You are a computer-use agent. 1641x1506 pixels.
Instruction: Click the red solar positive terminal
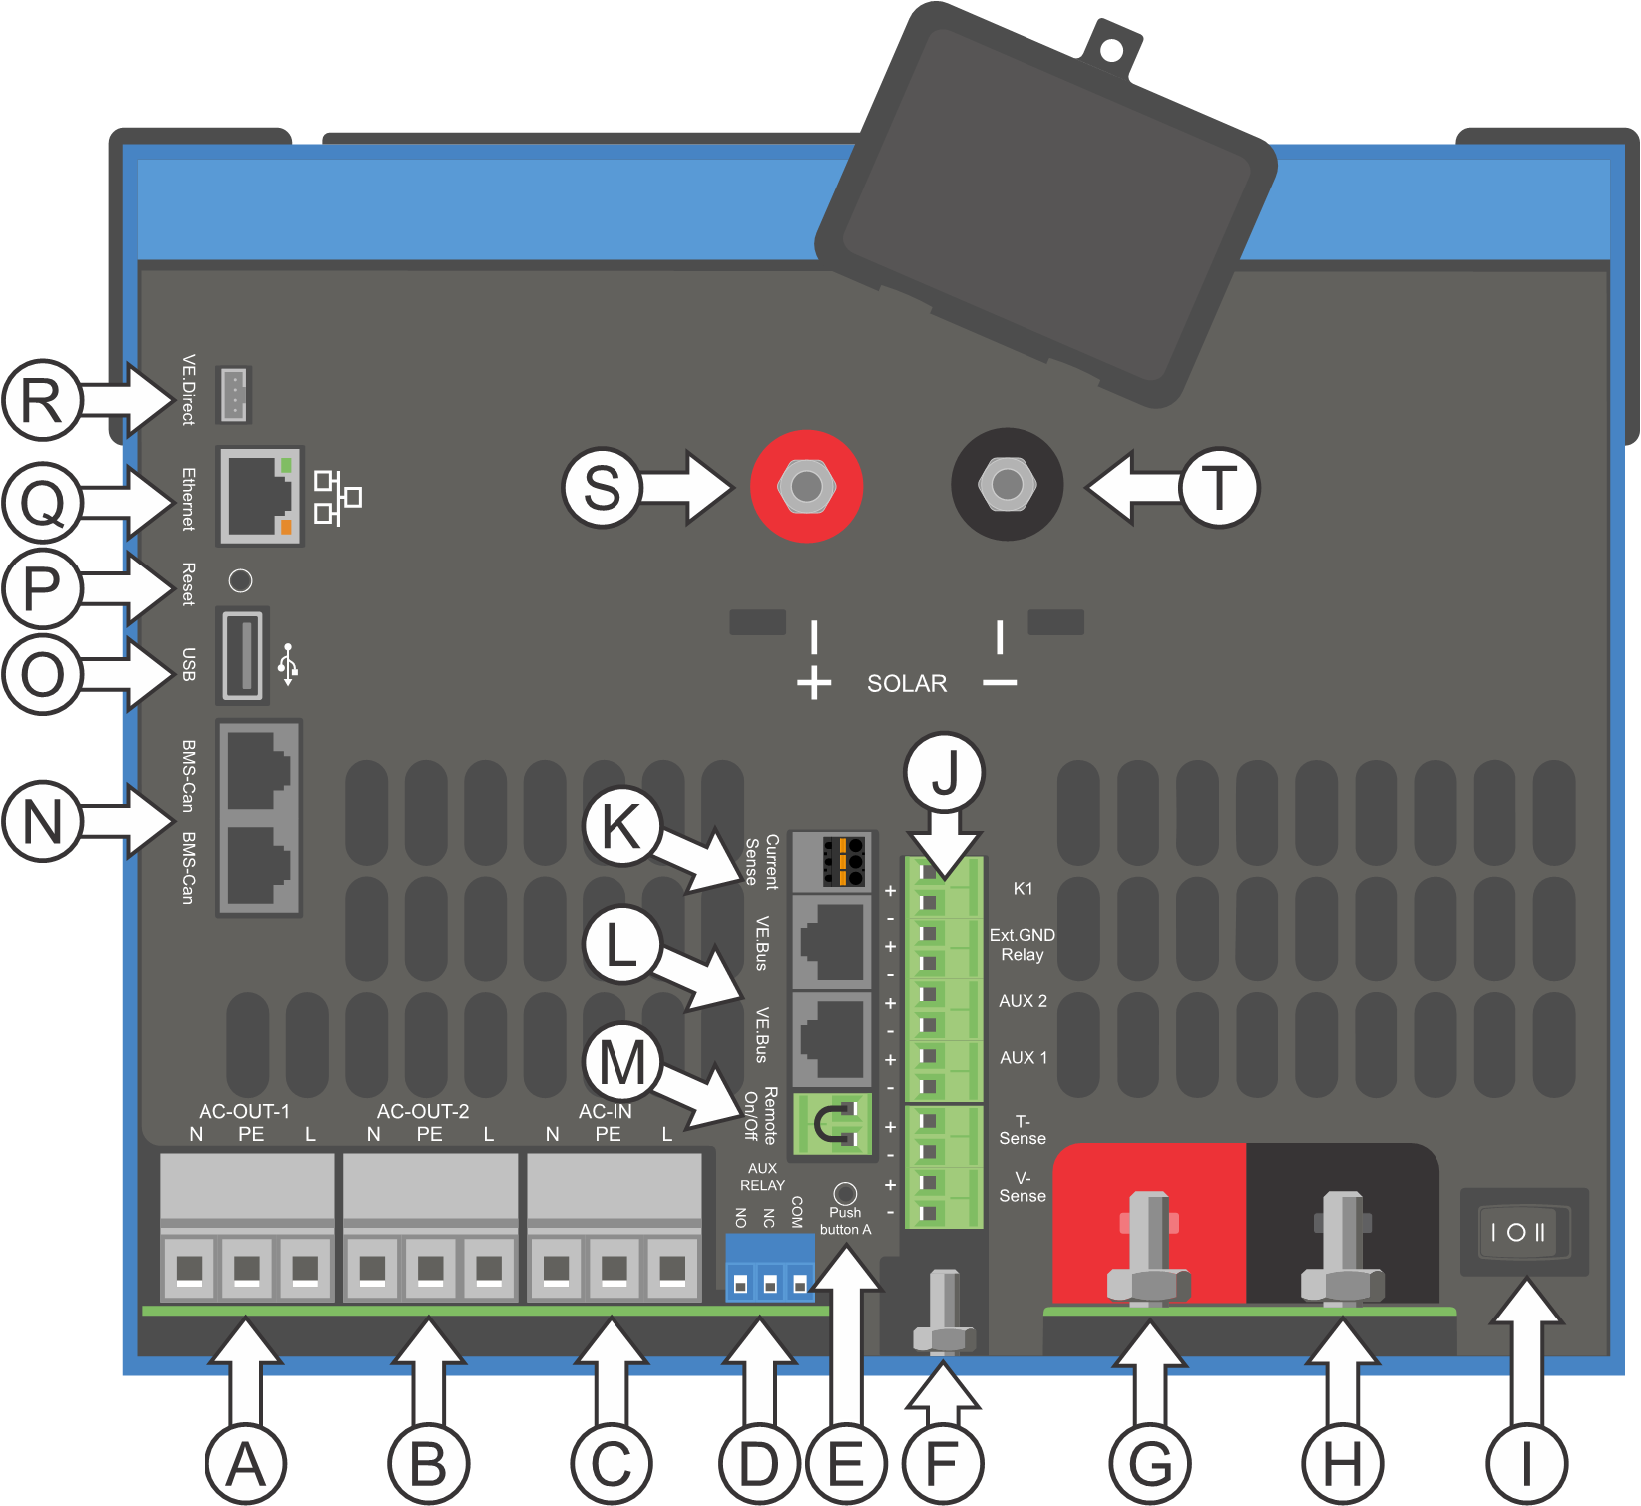tap(806, 486)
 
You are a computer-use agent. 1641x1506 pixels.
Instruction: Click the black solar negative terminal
tap(1007, 485)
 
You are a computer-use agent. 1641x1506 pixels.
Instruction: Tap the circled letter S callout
tap(601, 488)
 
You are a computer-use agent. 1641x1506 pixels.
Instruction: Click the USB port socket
tap(242, 655)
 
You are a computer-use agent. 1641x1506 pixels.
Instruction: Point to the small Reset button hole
tap(240, 580)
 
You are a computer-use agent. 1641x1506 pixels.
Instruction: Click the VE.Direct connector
tap(234, 394)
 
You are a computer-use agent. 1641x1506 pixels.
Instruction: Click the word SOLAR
tap(906, 684)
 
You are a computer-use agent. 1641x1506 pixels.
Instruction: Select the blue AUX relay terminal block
tap(769, 1268)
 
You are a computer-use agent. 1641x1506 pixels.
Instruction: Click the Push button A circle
tap(845, 1193)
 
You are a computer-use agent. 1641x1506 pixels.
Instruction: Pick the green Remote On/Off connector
tap(832, 1124)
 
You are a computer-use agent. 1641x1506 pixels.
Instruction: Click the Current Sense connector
tap(833, 861)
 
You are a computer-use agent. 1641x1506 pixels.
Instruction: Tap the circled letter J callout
tap(944, 772)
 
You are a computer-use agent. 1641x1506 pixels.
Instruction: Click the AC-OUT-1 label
tap(244, 1111)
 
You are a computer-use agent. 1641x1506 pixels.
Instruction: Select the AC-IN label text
tap(606, 1111)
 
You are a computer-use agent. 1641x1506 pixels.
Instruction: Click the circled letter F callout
tap(942, 1464)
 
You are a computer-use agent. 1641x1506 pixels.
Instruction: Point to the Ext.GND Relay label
tap(1023, 944)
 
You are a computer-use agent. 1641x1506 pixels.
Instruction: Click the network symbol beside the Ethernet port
tap(337, 497)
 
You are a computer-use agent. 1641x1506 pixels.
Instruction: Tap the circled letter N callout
tap(42, 822)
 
